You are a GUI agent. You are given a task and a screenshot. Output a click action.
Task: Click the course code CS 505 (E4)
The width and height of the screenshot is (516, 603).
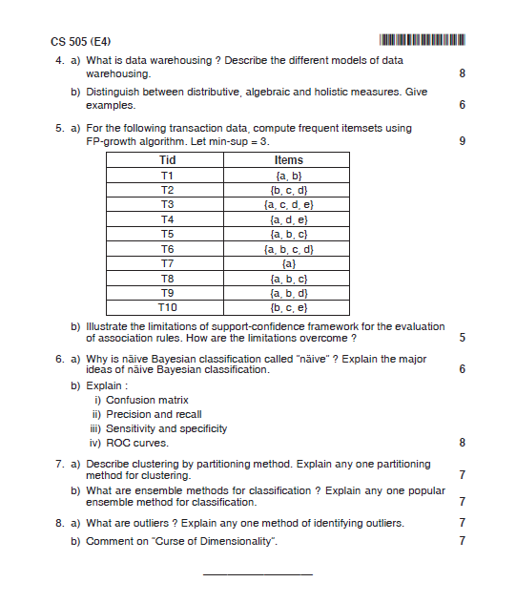click(x=81, y=41)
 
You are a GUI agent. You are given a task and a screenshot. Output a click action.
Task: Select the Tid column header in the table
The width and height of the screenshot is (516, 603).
click(x=167, y=160)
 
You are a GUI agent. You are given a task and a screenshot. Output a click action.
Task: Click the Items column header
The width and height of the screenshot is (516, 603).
click(x=288, y=160)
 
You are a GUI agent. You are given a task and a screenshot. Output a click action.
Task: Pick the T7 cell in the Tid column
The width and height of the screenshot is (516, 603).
click(x=167, y=262)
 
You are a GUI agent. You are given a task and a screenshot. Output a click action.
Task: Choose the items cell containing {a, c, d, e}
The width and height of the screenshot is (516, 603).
click(x=288, y=204)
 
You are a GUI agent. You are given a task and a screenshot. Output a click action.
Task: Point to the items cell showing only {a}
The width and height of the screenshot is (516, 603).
click(x=288, y=262)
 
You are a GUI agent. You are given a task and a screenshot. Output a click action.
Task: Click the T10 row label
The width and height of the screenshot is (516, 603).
click(x=167, y=306)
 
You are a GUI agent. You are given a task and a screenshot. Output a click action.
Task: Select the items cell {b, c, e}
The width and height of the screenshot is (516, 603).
click(x=288, y=306)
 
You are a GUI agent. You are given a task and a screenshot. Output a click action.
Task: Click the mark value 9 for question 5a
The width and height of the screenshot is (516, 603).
click(x=462, y=141)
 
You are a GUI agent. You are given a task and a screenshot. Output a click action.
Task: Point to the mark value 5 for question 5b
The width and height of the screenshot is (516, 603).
click(x=462, y=338)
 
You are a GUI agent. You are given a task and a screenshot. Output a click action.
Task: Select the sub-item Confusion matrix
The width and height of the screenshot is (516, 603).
click(x=147, y=400)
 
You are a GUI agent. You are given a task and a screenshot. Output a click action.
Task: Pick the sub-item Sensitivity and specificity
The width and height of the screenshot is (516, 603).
click(x=167, y=428)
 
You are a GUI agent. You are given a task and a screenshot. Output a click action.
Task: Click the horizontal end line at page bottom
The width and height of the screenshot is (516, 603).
click(x=258, y=574)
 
